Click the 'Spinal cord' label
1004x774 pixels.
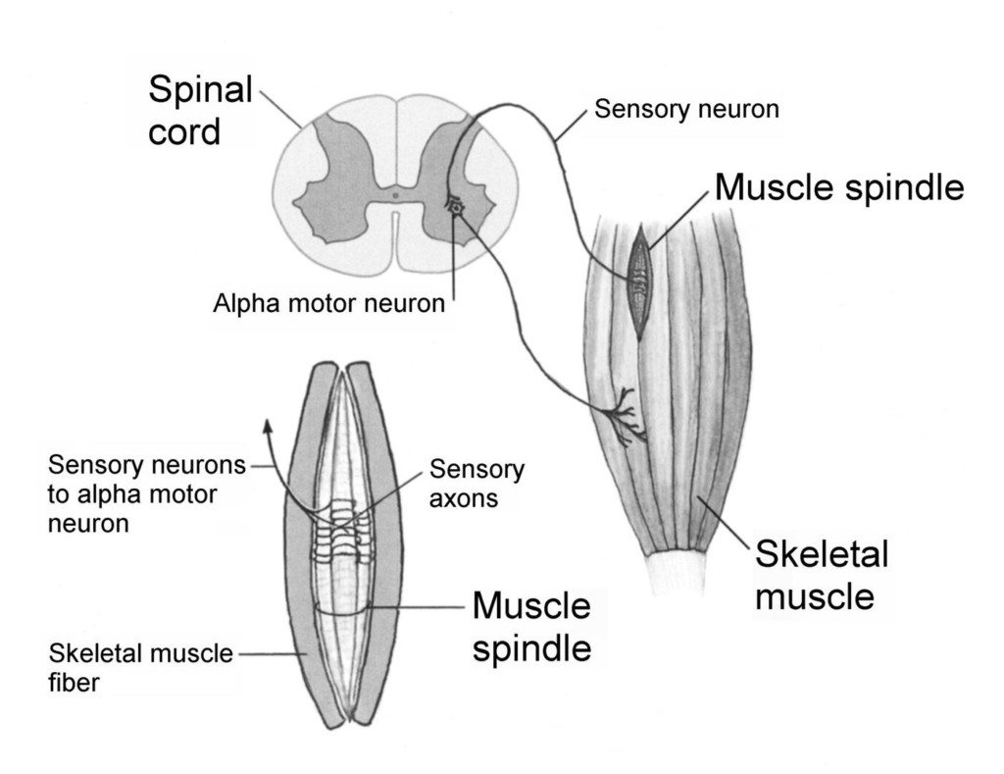(x=200, y=110)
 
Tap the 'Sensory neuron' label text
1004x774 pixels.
(x=687, y=110)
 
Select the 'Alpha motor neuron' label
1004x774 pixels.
(x=328, y=304)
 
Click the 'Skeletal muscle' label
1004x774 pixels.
(x=822, y=575)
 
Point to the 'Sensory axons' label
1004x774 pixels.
(x=477, y=484)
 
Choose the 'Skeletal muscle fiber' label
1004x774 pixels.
(x=141, y=668)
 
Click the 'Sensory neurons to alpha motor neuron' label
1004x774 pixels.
(x=146, y=493)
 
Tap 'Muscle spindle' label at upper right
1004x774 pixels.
(x=839, y=186)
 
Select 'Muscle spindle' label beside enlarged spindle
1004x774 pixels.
(x=531, y=628)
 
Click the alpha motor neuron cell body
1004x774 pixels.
(x=455, y=206)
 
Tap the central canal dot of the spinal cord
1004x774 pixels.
(x=395, y=195)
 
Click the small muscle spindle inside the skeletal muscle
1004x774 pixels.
(x=639, y=280)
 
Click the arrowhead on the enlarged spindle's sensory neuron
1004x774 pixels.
(x=266, y=427)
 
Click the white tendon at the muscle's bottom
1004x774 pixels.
(x=677, y=574)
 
